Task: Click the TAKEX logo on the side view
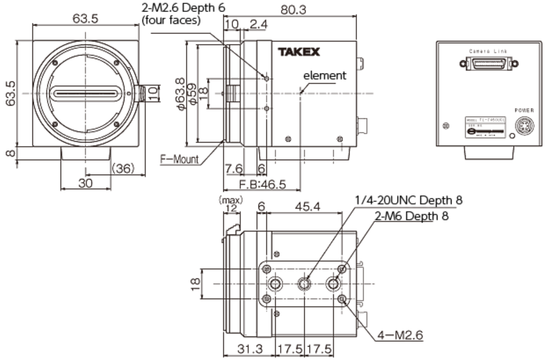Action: [299, 52]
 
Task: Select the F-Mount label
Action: [179, 158]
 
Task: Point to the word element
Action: [325, 75]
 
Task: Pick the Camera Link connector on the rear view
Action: [490, 62]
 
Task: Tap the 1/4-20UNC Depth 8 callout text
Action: [408, 201]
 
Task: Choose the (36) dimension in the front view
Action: [123, 168]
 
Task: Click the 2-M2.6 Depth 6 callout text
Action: [182, 9]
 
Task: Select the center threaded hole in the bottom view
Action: [304, 284]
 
